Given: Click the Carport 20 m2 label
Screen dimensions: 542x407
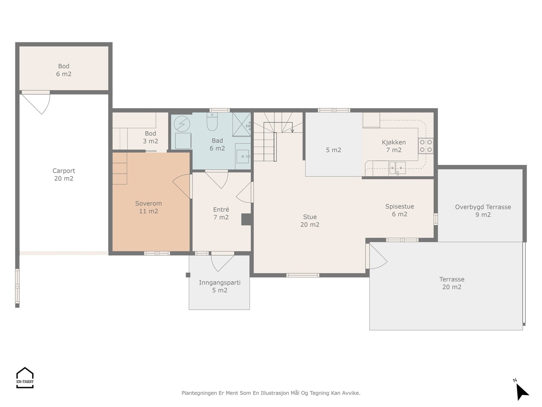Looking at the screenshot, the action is point(64,174).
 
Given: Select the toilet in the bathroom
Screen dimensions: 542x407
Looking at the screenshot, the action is point(212,122).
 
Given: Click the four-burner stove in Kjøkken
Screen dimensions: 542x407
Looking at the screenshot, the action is point(426,146).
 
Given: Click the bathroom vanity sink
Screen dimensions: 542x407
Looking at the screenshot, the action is point(243,156).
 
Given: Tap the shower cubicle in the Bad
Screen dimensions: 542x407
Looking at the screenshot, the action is point(242,124).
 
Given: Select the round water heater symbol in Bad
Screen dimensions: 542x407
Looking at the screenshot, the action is point(182,124).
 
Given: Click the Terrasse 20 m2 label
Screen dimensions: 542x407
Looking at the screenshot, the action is point(452,283).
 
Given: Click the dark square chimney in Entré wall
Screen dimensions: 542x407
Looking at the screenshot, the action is point(246,219).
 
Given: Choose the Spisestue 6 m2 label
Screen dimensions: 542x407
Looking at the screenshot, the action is point(399,210).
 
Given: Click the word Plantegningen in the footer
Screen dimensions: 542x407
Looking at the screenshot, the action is point(199,393).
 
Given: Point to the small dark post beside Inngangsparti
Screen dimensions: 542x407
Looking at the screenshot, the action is point(188,275).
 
